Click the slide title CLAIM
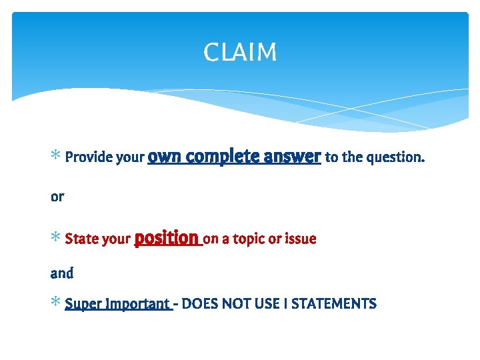click(240, 52)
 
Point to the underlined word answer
click(292, 157)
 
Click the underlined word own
click(165, 157)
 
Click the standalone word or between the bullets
click(57, 197)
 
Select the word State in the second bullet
click(81, 239)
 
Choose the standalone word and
click(62, 273)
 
